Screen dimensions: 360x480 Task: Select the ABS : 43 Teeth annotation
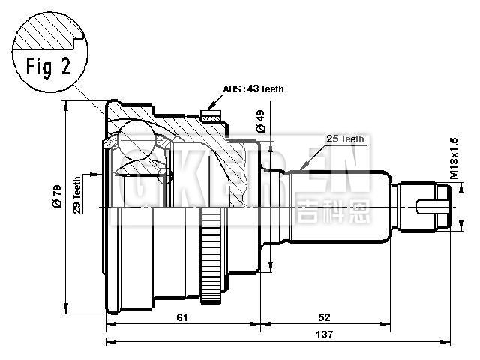(x=253, y=88)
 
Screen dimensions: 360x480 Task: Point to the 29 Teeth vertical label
(x=76, y=195)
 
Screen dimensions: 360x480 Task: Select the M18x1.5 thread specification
(x=453, y=157)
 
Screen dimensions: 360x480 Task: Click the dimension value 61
(x=181, y=317)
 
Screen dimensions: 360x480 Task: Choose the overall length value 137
(x=324, y=334)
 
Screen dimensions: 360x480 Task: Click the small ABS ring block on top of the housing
(x=211, y=116)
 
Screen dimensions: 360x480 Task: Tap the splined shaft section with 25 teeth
(x=341, y=204)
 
